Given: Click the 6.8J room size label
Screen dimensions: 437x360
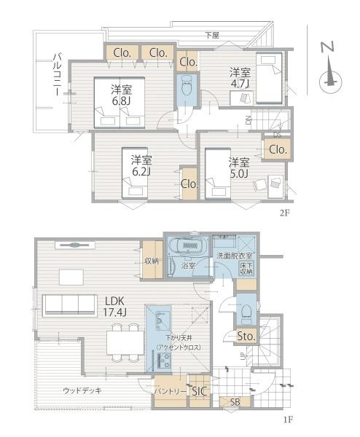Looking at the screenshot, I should (x=122, y=95).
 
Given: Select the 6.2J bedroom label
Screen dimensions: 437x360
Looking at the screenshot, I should (x=141, y=166).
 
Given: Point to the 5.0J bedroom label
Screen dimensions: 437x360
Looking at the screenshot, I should (x=239, y=167).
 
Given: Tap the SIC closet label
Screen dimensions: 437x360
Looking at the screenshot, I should (x=200, y=391).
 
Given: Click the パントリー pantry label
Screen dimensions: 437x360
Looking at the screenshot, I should (x=168, y=391).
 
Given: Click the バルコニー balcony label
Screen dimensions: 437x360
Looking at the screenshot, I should (x=58, y=79).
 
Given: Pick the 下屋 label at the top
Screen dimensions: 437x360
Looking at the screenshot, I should (x=211, y=35).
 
